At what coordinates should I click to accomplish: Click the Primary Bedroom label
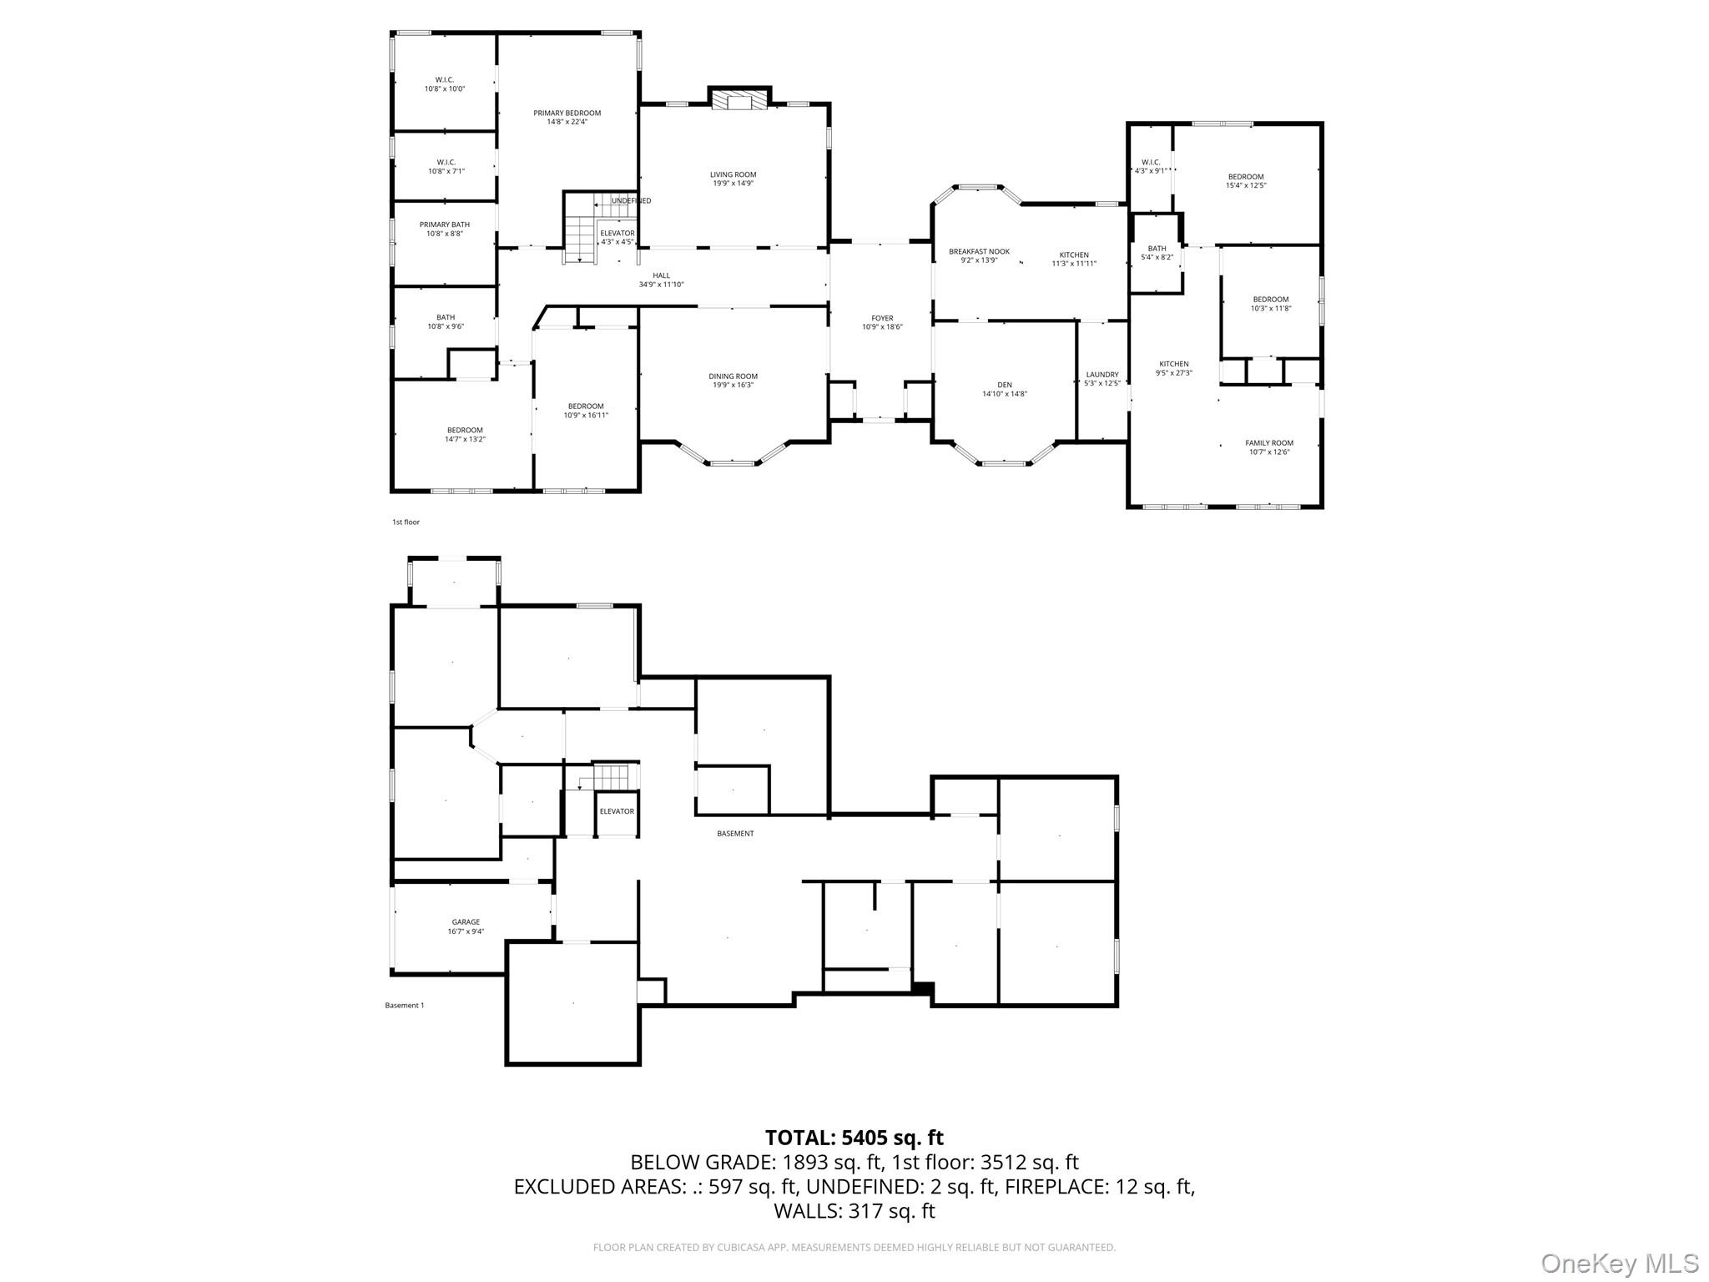click(567, 114)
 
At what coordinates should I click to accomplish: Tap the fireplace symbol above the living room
click(739, 102)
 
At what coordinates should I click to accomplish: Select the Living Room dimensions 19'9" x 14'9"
click(733, 184)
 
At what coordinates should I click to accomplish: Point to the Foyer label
click(882, 318)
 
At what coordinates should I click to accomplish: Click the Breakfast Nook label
click(979, 251)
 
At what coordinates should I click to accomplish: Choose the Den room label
click(1004, 385)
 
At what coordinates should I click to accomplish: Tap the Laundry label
click(1102, 375)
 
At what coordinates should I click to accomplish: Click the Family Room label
click(1268, 443)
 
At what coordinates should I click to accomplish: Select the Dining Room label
click(733, 376)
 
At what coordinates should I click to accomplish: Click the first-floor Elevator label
click(617, 233)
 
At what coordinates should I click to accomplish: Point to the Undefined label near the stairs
click(631, 201)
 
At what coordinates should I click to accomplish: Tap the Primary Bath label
click(444, 225)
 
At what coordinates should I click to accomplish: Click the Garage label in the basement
click(466, 922)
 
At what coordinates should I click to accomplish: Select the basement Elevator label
click(617, 811)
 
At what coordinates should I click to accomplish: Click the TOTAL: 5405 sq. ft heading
click(854, 1138)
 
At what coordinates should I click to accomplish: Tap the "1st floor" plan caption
click(406, 522)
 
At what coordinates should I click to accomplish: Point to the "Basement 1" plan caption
click(404, 1006)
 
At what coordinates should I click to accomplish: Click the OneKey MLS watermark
click(1619, 1263)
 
